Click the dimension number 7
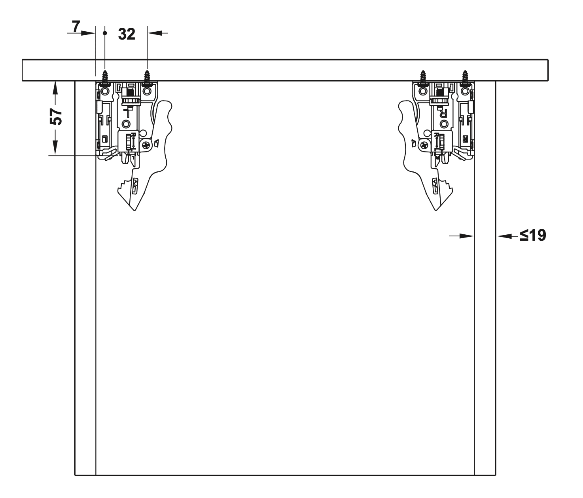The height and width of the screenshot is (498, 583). (76, 27)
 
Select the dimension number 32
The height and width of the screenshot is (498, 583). (127, 34)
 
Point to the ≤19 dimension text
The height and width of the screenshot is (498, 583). (533, 235)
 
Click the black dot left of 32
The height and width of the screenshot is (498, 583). (105, 33)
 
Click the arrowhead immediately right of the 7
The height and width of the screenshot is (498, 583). (88, 33)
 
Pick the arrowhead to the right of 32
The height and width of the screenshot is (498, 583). (155, 33)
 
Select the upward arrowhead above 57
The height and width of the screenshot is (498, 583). (55, 89)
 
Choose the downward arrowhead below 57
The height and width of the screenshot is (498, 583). (55, 148)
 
